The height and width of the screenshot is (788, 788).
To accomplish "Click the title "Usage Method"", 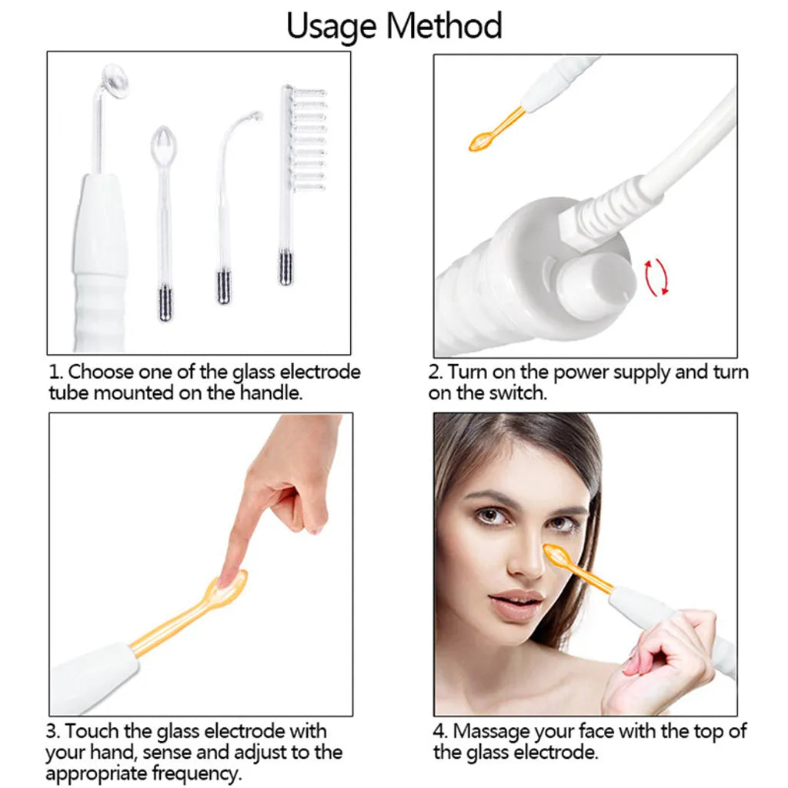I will coord(394,25).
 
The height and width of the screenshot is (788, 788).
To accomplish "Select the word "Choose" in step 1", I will coord(100,372).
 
